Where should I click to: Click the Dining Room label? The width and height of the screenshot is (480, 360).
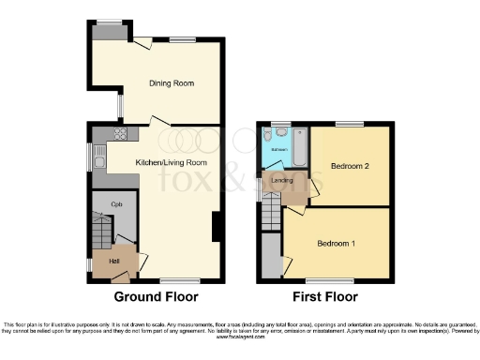(172, 83)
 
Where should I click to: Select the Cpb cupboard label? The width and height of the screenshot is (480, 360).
(117, 203)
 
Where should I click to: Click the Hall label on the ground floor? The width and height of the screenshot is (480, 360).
(114, 261)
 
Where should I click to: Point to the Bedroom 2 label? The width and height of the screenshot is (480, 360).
(349, 167)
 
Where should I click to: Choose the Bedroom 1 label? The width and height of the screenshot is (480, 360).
(336, 243)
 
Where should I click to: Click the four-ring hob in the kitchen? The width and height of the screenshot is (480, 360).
(120, 132)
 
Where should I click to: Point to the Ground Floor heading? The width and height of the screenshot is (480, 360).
(156, 297)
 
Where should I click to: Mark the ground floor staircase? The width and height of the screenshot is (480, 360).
(101, 229)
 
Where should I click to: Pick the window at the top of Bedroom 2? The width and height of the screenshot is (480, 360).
(350, 125)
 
